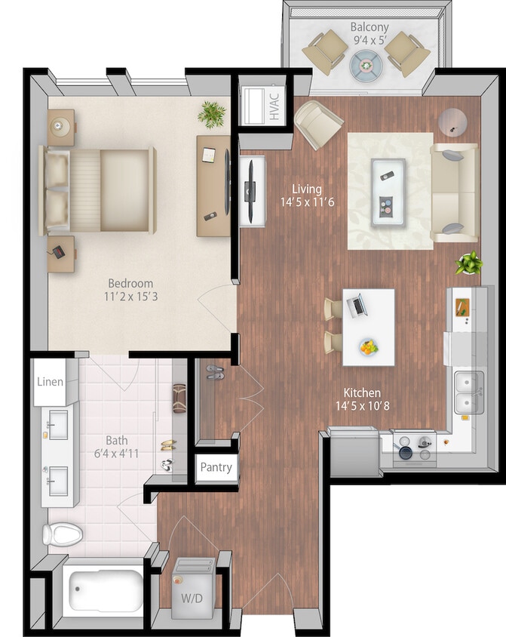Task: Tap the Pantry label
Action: point(216,467)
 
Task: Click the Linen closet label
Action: point(51,382)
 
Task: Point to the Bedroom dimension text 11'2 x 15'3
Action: point(131,296)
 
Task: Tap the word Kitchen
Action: point(362,392)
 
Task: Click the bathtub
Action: point(105,591)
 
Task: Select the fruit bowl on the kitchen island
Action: point(368,347)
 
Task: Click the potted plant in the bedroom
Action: point(212,114)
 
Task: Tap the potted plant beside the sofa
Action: point(468,263)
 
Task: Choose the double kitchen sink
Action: point(468,392)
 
